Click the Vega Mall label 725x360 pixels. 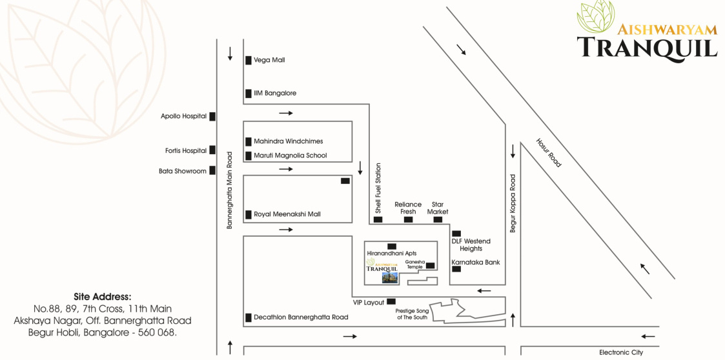[x=269, y=60]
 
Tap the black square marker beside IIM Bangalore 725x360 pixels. [x=248, y=94]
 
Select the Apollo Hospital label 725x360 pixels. [x=184, y=117]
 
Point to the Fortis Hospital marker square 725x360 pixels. [x=212, y=150]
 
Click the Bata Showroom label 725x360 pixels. [x=183, y=171]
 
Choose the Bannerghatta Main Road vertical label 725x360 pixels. [x=229, y=190]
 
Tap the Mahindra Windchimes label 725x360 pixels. [x=288, y=141]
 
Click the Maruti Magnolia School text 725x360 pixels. [x=290, y=155]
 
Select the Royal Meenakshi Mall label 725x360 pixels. [x=287, y=214]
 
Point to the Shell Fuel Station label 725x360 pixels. [x=378, y=188]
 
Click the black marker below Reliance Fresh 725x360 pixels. [x=408, y=220]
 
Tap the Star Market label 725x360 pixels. [x=438, y=208]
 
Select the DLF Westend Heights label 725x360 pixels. [x=471, y=245]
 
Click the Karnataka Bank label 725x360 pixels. [x=476, y=263]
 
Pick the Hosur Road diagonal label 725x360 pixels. [x=549, y=152]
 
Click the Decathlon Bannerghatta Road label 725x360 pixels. [x=301, y=317]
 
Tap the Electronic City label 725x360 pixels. [x=621, y=352]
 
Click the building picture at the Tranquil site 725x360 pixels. [x=389, y=277]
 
